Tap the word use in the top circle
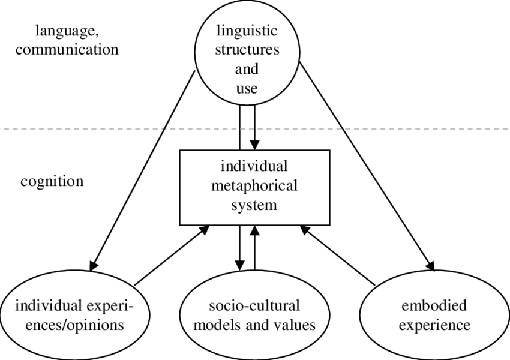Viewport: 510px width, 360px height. coord(247,89)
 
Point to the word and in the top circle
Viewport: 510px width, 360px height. coord(247,69)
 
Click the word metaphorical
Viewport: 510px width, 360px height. coord(254,185)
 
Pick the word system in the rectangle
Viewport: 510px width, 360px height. coord(254,205)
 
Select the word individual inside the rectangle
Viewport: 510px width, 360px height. coord(254,165)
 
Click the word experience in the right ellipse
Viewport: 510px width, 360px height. coord(434,326)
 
